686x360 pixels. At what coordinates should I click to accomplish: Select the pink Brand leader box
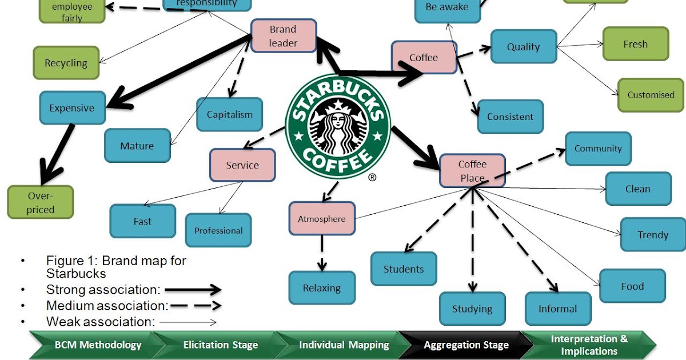(x=284, y=35)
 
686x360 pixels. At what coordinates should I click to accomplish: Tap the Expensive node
(x=72, y=108)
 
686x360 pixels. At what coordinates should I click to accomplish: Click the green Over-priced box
(x=41, y=202)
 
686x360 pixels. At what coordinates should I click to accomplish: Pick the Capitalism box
(x=229, y=114)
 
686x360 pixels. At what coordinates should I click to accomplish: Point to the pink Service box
(x=242, y=165)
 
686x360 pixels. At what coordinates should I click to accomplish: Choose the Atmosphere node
(x=322, y=218)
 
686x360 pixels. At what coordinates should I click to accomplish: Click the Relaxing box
(x=322, y=288)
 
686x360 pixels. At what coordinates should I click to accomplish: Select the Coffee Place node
(x=472, y=170)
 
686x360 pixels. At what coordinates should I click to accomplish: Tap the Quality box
(x=524, y=47)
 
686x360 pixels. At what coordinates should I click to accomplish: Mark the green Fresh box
(x=635, y=44)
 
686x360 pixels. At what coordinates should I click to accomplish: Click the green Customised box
(x=651, y=95)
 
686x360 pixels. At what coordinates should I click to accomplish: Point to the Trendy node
(x=653, y=235)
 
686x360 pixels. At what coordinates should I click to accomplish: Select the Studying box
(x=472, y=309)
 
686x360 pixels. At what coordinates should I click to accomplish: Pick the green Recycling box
(x=66, y=63)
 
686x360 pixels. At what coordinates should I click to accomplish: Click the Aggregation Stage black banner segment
(x=466, y=345)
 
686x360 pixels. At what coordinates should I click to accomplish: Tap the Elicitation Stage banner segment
(x=221, y=345)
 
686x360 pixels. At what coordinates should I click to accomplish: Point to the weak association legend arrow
(x=188, y=322)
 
